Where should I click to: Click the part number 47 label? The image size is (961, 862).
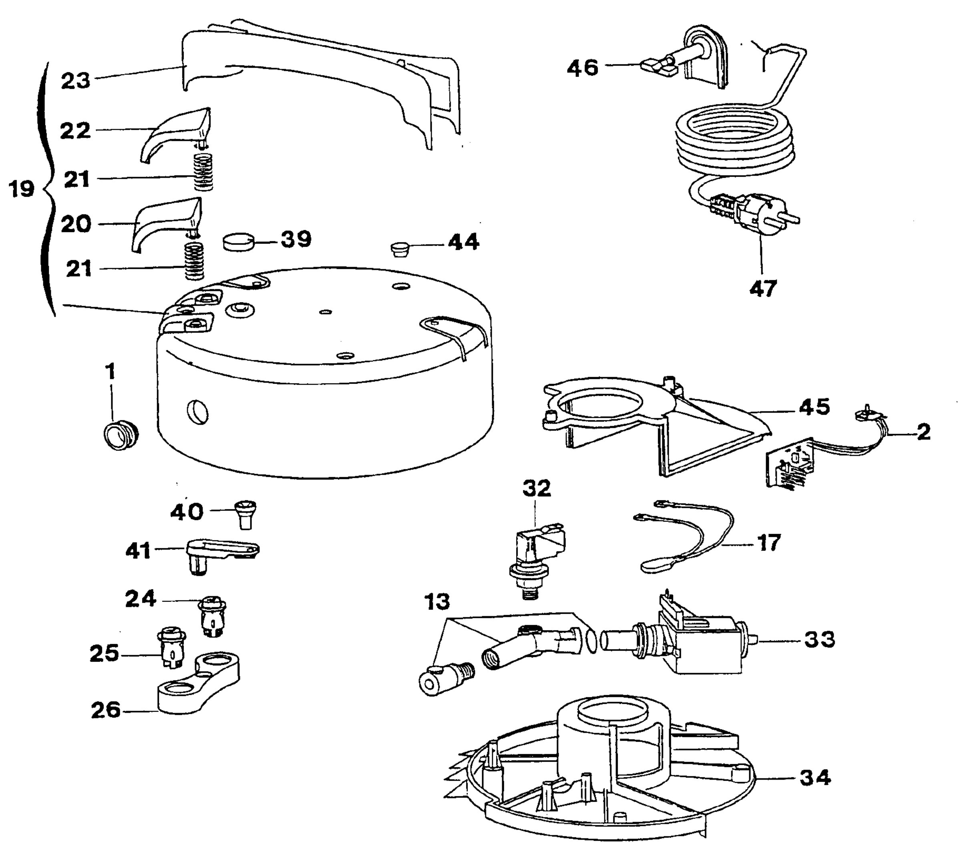pos(763,289)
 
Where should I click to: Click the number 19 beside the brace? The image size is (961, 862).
pos(22,189)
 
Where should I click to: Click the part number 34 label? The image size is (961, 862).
pos(816,778)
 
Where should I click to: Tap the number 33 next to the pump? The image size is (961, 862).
pos(819,639)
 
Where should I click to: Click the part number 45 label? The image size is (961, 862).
pos(814,407)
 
